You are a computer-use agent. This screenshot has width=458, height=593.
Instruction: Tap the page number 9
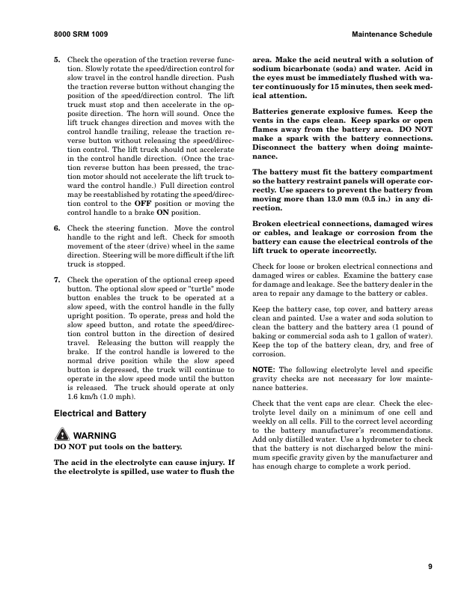pyautogui.click(x=430, y=566)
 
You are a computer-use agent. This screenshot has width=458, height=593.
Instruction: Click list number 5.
pyautogui.click(x=57, y=59)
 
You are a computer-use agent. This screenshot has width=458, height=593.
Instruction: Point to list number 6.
pyautogui.click(x=57, y=228)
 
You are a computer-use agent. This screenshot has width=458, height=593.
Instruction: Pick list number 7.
pyautogui.click(x=57, y=279)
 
